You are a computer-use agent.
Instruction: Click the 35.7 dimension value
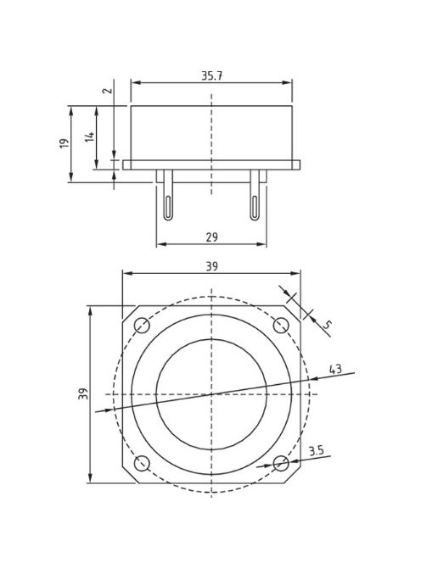click(x=211, y=75)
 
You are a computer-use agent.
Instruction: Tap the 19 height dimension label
click(x=64, y=143)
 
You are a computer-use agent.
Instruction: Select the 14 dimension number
click(x=89, y=137)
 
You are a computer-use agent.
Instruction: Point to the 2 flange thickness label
click(x=107, y=90)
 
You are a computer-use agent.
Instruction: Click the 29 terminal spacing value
click(x=211, y=237)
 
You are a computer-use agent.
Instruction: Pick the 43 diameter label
click(x=335, y=369)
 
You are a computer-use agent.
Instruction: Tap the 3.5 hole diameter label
click(x=317, y=450)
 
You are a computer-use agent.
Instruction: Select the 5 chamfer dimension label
click(x=327, y=325)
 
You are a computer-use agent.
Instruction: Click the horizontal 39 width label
click(x=211, y=267)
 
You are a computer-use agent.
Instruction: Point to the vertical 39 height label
click(x=83, y=393)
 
